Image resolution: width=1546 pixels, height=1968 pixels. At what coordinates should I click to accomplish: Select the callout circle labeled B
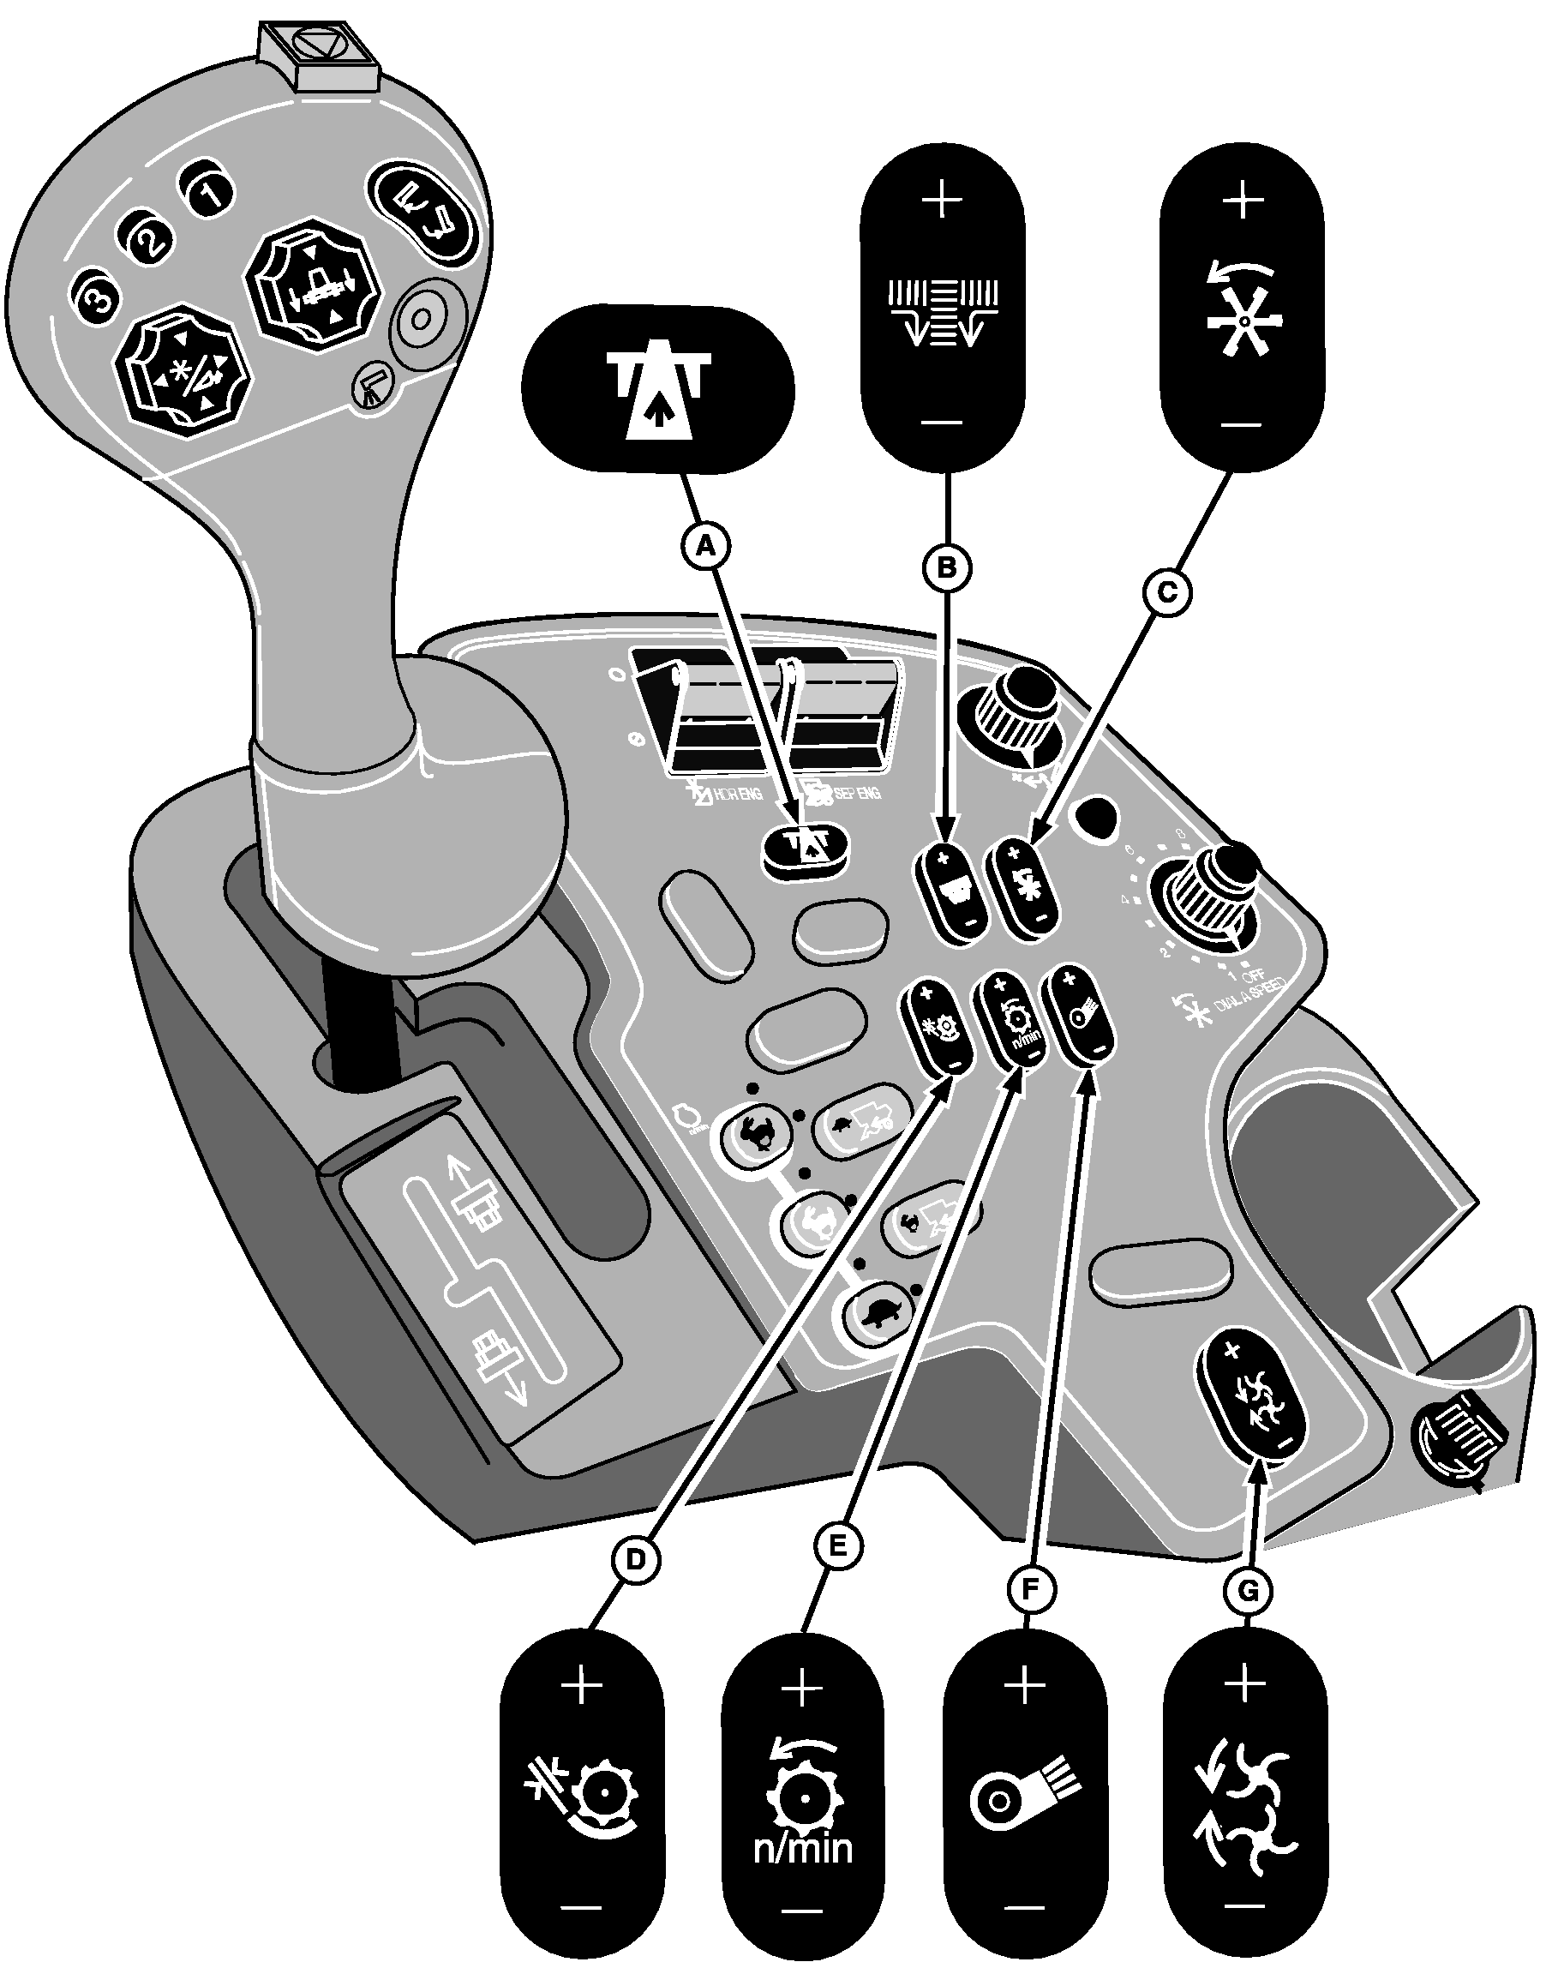(947, 567)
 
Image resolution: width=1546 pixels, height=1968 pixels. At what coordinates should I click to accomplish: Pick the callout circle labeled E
(837, 1545)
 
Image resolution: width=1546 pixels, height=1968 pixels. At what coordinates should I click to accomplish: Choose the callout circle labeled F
(1031, 1590)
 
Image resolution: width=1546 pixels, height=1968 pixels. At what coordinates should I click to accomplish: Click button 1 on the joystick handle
(208, 192)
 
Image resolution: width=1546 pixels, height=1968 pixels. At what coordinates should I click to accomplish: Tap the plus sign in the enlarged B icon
(944, 198)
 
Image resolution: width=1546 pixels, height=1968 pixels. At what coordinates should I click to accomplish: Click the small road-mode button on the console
(806, 849)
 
